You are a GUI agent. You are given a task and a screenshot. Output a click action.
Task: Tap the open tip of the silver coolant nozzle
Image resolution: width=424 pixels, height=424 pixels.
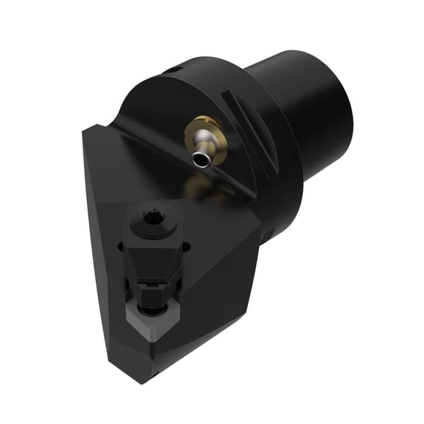coord(203,161)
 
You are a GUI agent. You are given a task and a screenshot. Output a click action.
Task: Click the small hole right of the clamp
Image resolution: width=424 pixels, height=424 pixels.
coord(187,247)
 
